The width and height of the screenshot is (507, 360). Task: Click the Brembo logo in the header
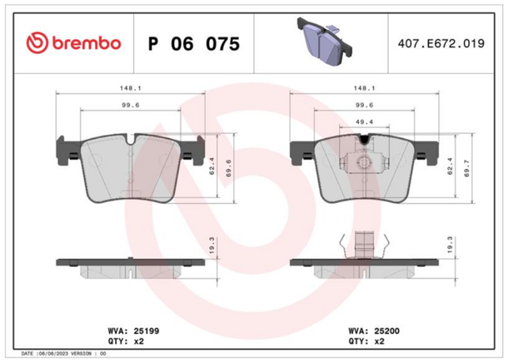pyautogui.click(x=74, y=43)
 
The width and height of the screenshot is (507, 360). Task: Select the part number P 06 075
pyautogui.click(x=194, y=44)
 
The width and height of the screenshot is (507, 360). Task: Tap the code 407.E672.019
pyautogui.click(x=441, y=44)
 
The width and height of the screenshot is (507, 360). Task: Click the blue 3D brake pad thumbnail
pyautogui.click(x=324, y=42)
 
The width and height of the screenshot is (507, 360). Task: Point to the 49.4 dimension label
pyautogui.click(x=364, y=122)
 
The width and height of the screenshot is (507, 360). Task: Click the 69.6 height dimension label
pyautogui.click(x=229, y=168)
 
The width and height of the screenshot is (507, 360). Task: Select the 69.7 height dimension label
pyautogui.click(x=467, y=168)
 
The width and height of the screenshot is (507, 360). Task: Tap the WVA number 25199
pyautogui.click(x=147, y=331)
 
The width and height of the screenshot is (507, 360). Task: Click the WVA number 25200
pyautogui.click(x=387, y=331)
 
